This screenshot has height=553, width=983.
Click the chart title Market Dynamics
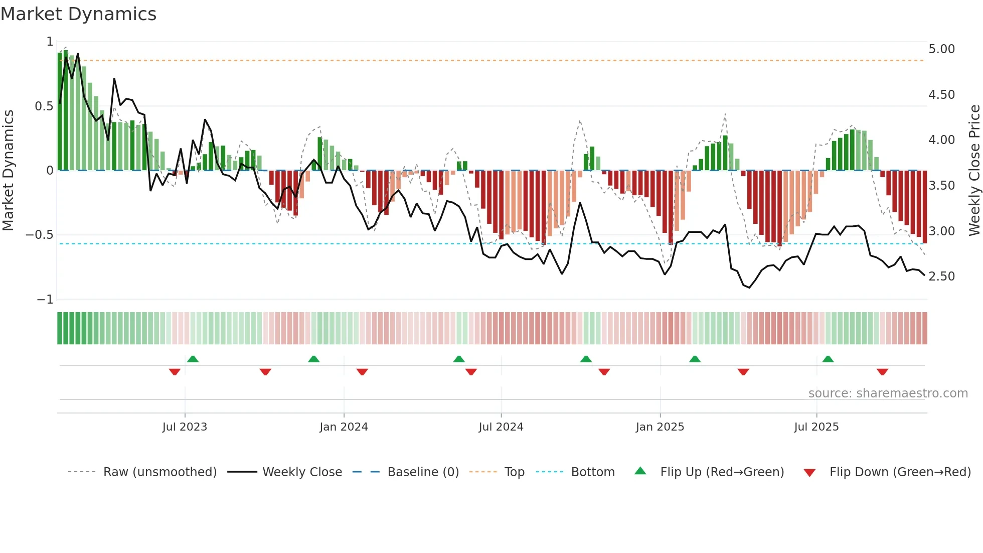[79, 14]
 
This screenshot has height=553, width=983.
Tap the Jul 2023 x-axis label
[185, 427]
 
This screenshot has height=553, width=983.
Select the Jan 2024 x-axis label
[344, 427]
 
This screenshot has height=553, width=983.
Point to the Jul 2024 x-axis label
[501, 427]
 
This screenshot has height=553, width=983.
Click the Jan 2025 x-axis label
[660, 427]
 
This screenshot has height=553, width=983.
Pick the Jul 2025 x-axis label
[816, 427]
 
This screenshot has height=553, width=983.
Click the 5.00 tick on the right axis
[941, 49]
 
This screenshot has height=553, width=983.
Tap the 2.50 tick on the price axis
[941, 276]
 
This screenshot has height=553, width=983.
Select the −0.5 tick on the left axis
[39, 235]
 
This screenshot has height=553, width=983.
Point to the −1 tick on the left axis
[45, 300]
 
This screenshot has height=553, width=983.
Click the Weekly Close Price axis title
[974, 170]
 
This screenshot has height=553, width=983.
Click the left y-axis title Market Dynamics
[8, 170]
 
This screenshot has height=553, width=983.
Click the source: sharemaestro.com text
[888, 393]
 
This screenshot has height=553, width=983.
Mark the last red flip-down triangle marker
[882, 372]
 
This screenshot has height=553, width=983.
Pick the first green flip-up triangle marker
[193, 359]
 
